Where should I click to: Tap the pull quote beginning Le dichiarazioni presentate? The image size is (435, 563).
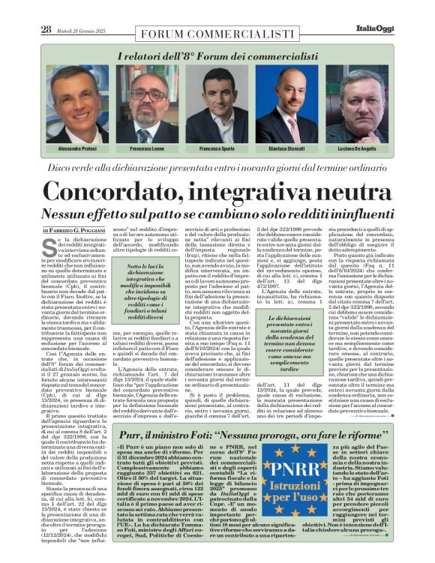(x=289, y=344)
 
